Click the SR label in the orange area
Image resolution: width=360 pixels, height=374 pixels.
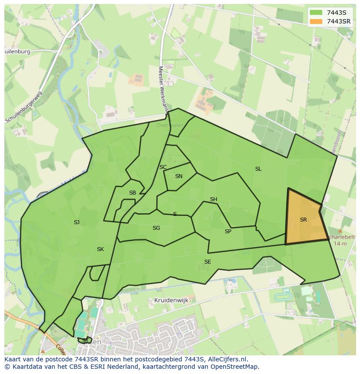[303, 220]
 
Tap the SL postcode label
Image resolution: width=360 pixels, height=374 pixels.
[258, 169]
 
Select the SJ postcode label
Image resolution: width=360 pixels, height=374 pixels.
[77, 222]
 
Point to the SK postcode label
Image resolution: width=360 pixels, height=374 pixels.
[100, 249]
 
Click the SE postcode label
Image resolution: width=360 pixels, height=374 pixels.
[208, 262]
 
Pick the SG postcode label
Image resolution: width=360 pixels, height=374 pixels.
[156, 228]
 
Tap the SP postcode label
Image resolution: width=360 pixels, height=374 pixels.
[228, 232]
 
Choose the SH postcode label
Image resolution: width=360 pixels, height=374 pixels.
[213, 199]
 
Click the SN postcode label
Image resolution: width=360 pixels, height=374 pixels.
[179, 176]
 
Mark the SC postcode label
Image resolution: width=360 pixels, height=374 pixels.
[163, 167]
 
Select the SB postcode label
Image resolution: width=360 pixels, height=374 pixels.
[133, 193]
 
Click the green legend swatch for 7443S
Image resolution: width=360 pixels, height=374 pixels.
[316, 13]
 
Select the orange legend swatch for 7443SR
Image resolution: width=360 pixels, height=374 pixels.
[316, 21]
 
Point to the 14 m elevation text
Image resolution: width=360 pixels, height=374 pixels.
[340, 244]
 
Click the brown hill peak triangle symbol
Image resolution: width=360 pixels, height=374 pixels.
[340, 231]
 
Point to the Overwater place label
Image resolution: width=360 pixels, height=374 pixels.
[170, 125]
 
